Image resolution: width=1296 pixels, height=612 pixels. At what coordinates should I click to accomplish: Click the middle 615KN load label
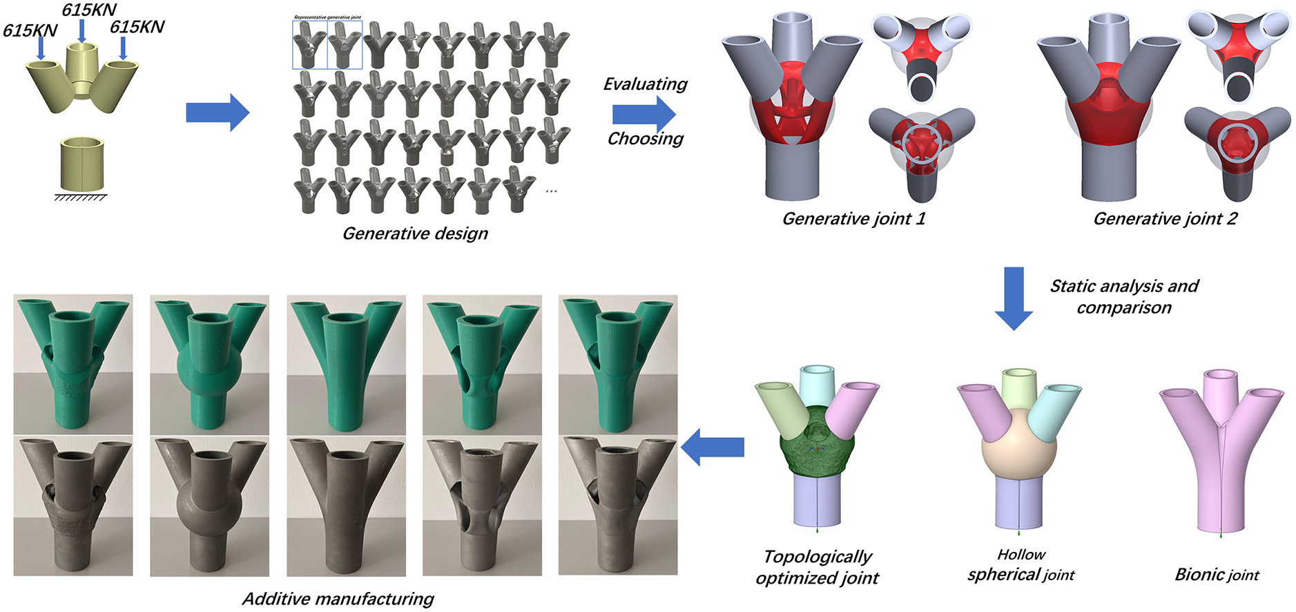tap(89, 10)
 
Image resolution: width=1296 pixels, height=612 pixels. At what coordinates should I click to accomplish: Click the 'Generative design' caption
tap(415, 233)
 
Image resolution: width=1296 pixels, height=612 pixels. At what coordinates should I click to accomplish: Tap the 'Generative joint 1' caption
tap(853, 219)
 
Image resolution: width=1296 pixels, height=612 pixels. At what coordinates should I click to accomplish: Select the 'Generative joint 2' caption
tap(1165, 219)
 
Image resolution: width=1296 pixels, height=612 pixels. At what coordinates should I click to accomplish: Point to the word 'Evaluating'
tap(645, 84)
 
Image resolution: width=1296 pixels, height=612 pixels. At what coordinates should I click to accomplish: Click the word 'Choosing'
tap(645, 139)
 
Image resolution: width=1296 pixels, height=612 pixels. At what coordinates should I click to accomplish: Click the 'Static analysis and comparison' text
tap(1124, 296)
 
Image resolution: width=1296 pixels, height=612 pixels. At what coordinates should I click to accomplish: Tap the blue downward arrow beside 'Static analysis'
tap(1013, 298)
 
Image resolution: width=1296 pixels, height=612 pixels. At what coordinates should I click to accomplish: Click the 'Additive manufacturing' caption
tap(338, 598)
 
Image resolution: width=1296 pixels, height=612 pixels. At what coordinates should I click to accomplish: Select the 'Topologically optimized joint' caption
tap(818, 567)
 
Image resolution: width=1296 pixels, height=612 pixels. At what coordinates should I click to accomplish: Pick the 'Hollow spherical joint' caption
tap(1021, 565)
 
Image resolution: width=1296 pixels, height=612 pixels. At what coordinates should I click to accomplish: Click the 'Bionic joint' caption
tap(1217, 575)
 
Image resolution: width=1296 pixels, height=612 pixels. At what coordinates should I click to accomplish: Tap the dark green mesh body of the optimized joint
tap(817, 442)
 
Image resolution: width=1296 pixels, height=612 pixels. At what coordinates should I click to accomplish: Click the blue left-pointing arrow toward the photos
tap(713, 447)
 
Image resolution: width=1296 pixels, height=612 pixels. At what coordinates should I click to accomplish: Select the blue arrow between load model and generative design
tap(217, 112)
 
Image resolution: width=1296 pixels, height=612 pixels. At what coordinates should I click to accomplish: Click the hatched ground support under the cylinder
tap(81, 198)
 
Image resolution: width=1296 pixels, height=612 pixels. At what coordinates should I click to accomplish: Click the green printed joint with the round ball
tap(209, 365)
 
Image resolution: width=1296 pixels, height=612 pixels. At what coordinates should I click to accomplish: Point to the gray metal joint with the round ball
tap(209, 506)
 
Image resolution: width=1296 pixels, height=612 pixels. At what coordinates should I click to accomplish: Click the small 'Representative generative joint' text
tap(327, 17)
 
